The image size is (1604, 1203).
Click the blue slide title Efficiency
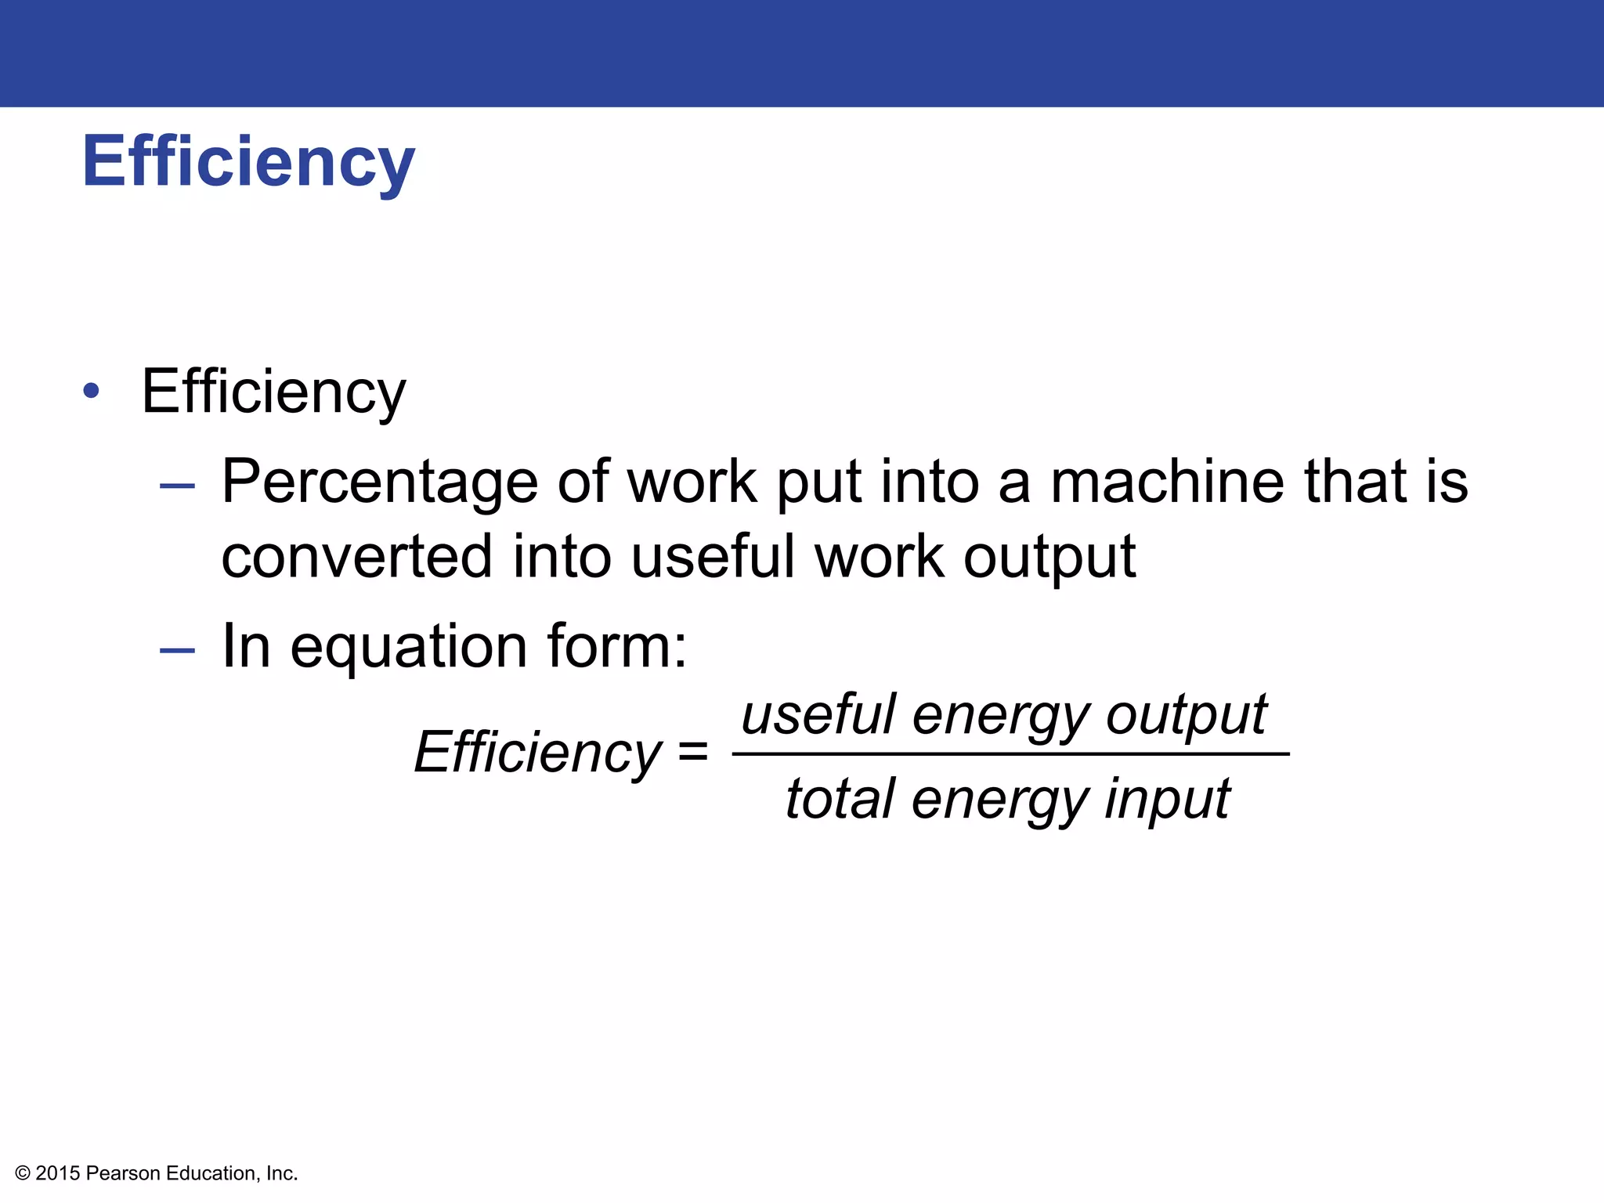(248, 162)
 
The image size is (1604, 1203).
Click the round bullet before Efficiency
(92, 391)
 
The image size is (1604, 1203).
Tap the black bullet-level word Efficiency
(273, 392)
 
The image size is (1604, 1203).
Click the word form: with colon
(617, 646)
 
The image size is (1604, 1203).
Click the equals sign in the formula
(693, 753)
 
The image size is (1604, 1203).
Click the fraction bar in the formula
(1010, 754)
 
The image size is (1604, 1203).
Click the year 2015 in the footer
(58, 1173)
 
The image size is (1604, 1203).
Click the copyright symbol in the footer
(23, 1173)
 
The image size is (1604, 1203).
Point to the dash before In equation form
(177, 649)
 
